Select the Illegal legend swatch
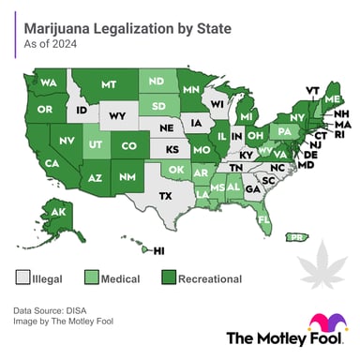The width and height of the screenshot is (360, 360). (x=23, y=278)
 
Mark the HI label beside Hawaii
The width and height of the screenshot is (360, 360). (x=159, y=250)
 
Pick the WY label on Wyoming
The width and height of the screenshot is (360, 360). (x=118, y=116)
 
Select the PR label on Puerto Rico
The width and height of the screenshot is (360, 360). (x=297, y=238)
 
